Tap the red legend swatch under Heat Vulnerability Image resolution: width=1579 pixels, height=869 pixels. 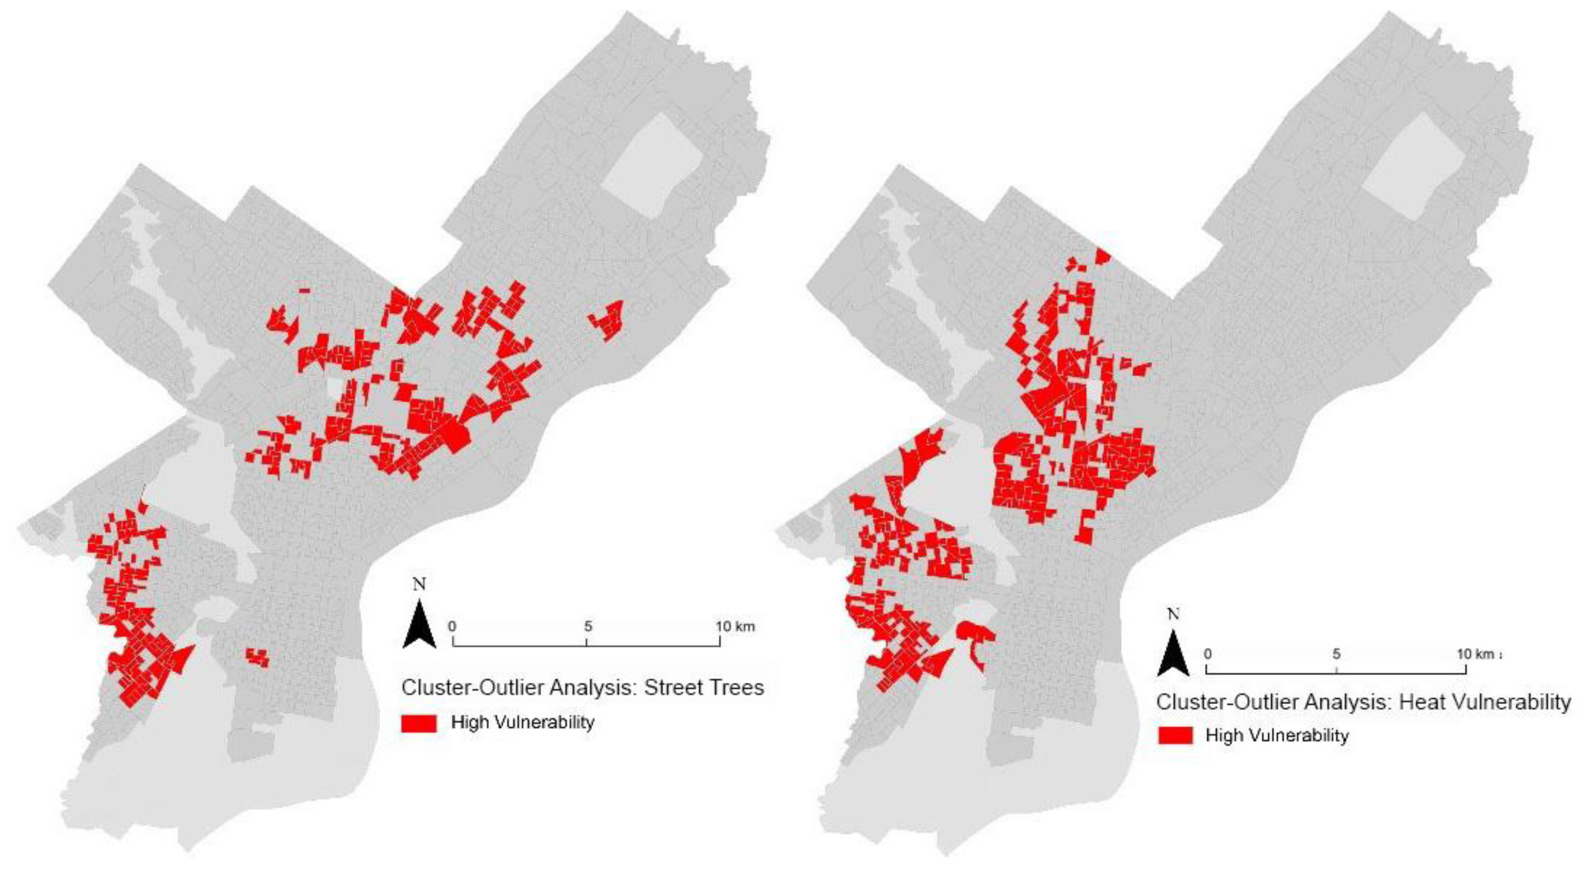1175,735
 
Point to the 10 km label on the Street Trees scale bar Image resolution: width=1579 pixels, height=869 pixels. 735,626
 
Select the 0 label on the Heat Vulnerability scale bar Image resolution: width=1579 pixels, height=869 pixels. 1208,654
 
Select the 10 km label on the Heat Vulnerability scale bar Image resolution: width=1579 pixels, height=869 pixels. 1475,654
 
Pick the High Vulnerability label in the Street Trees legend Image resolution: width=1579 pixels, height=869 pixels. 522,722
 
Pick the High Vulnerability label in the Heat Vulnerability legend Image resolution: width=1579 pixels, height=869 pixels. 1277,735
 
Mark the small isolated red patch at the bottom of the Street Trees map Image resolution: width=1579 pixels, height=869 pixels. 258,657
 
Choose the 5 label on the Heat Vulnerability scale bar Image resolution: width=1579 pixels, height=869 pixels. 1336,654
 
